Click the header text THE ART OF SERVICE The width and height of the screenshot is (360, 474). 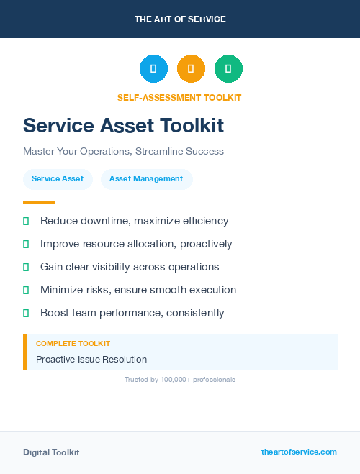click(180, 19)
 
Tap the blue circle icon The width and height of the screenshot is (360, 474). click(153, 69)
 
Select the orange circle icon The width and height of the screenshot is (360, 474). click(191, 69)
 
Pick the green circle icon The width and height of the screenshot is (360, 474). click(228, 69)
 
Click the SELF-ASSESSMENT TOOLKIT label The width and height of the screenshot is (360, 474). click(179, 98)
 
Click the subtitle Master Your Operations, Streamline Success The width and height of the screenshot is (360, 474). click(123, 152)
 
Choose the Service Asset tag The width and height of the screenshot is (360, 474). click(58, 178)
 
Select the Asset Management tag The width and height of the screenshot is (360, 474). click(146, 178)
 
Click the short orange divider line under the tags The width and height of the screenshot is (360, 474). click(39, 202)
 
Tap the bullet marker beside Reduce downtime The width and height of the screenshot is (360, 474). click(26, 221)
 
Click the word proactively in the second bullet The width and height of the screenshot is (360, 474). click(206, 244)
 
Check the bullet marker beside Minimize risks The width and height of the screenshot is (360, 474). click(26, 290)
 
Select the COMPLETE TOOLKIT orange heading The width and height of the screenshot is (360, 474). click(73, 344)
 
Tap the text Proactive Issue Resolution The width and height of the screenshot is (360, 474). click(91, 359)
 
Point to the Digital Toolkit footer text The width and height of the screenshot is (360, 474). click(51, 452)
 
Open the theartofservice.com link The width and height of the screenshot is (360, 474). click(299, 452)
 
